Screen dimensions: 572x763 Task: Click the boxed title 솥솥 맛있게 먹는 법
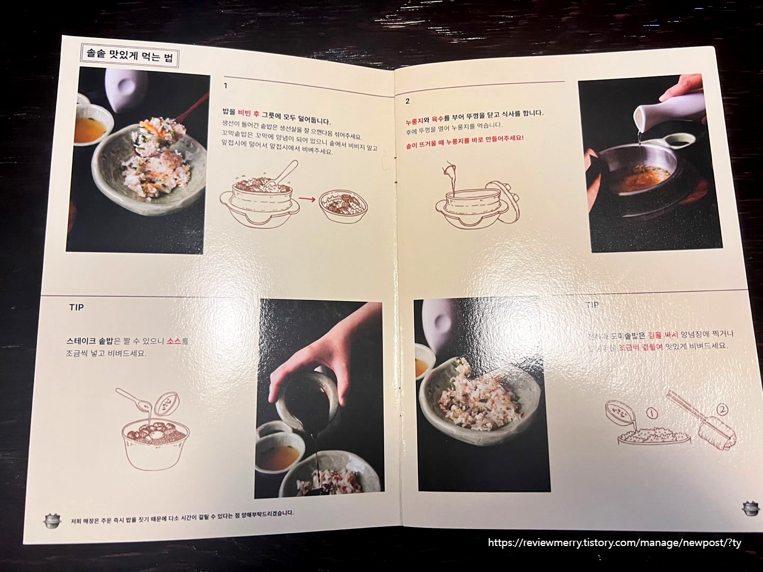coord(130,56)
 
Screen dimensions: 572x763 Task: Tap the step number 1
coord(226,86)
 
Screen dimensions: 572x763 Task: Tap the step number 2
coord(407,101)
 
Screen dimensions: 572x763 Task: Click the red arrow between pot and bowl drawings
coord(305,200)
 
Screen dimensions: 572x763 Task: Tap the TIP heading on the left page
coord(76,307)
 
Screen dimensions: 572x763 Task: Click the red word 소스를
coord(178,342)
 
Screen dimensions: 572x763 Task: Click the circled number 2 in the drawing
coord(723,409)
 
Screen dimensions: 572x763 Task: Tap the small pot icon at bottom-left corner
coord(52,520)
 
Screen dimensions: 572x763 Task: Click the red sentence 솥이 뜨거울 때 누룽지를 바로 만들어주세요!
coord(464,138)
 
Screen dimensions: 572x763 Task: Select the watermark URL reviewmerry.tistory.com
coord(615,543)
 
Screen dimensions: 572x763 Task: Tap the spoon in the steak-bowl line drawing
coord(132,400)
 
